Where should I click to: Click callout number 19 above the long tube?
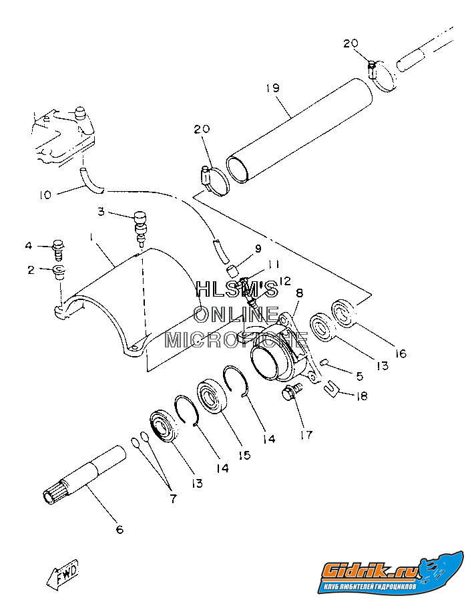(x=272, y=88)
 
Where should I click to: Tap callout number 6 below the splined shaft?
(x=119, y=530)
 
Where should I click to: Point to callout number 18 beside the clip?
(x=361, y=396)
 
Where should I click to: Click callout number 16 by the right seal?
(x=400, y=353)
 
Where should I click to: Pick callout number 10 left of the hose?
(x=45, y=195)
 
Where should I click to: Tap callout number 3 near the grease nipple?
(x=101, y=212)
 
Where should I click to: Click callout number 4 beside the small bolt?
(x=29, y=246)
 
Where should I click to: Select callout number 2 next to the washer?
(x=30, y=270)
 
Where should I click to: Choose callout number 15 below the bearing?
(x=244, y=455)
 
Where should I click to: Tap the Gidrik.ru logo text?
(x=371, y=570)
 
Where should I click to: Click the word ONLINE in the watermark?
(x=237, y=314)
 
